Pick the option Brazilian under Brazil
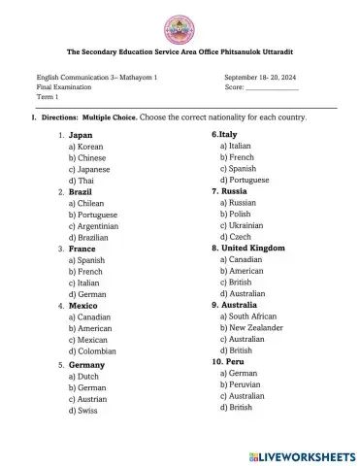point(87,237)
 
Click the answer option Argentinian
point(92,226)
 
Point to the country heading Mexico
point(82,305)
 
